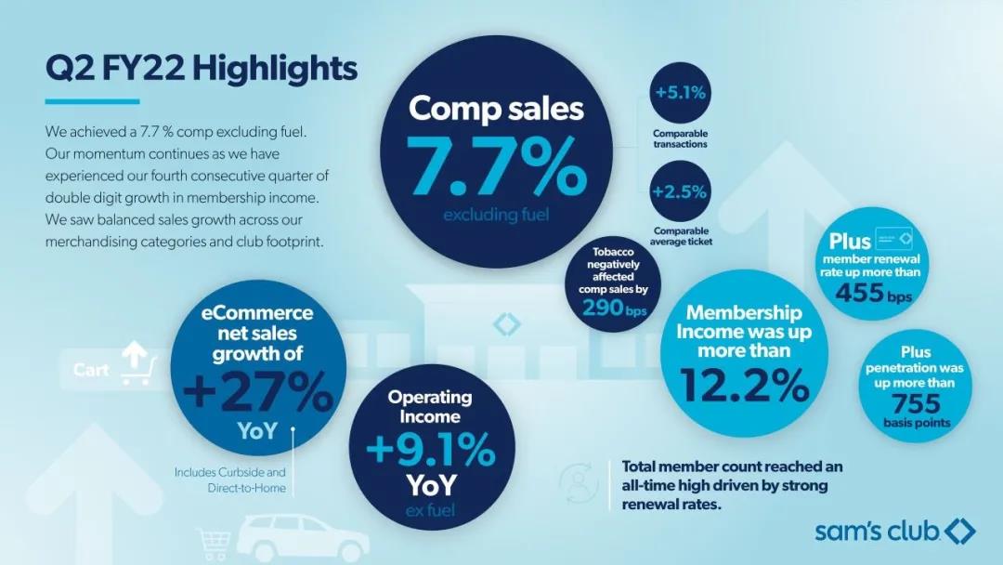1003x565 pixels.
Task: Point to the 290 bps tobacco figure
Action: pos(608,309)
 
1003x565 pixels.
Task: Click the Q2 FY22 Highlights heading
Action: pos(201,68)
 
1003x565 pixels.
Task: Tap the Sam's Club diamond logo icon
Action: pos(959,532)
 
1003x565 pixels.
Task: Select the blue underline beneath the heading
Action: pos(92,101)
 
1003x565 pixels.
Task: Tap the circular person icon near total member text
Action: pos(577,479)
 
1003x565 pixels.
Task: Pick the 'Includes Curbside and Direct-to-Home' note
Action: pos(230,480)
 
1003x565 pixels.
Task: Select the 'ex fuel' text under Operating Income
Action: pos(430,509)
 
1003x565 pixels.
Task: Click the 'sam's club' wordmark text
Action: pos(878,532)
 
